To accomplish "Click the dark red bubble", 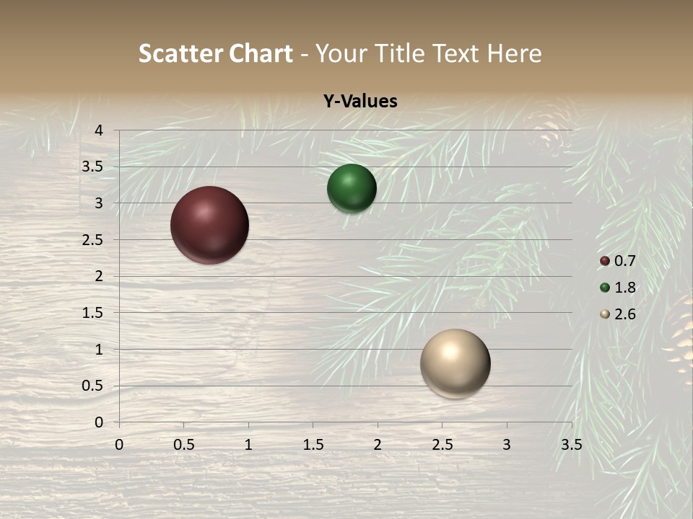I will [x=209, y=225].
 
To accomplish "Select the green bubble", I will [x=352, y=189].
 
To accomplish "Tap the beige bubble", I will [x=455, y=363].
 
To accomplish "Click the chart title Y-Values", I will [x=360, y=102].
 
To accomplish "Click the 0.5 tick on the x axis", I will [x=183, y=445].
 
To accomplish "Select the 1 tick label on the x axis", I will [x=248, y=445].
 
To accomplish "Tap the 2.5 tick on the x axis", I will [x=442, y=445].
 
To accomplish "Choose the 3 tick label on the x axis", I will [x=507, y=445].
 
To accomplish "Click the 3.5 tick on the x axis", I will [x=571, y=445].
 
